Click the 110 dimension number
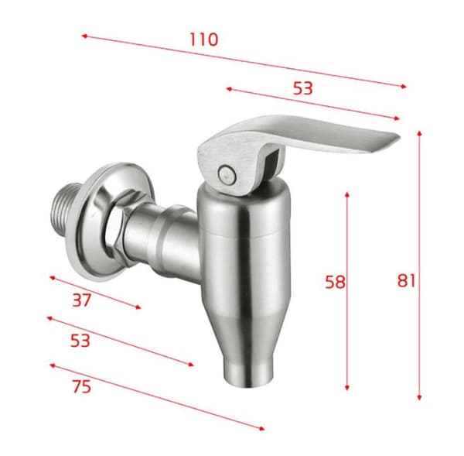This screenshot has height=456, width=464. (x=203, y=39)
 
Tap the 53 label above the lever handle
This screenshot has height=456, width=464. (x=302, y=88)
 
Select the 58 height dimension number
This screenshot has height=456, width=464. (x=335, y=282)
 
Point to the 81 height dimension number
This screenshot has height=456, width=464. (x=406, y=280)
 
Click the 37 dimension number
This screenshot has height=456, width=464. (x=82, y=300)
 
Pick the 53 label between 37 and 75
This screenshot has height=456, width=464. (x=80, y=341)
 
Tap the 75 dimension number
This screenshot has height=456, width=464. (x=82, y=386)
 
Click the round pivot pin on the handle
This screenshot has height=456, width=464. (x=226, y=174)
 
